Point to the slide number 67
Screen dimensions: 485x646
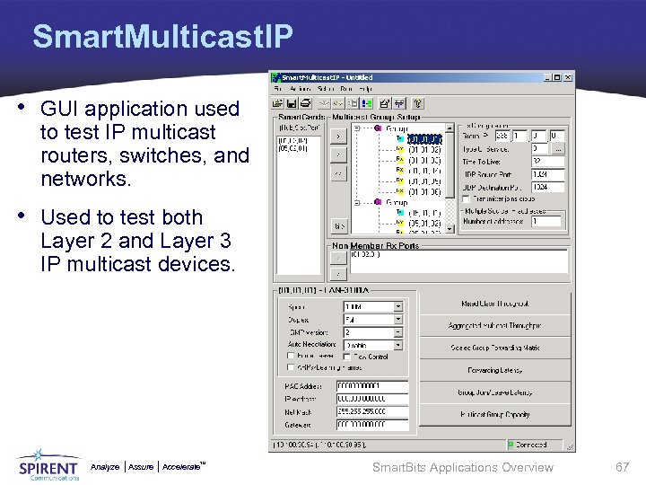click(x=622, y=467)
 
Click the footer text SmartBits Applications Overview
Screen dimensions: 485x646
click(x=462, y=467)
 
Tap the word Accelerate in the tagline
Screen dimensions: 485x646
click(x=182, y=467)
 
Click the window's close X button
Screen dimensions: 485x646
click(x=566, y=77)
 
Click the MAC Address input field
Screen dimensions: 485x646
click(x=371, y=385)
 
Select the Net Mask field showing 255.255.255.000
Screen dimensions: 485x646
click(x=371, y=410)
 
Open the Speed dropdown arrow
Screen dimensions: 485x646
click(x=398, y=306)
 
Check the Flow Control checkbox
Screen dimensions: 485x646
click(x=345, y=357)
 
